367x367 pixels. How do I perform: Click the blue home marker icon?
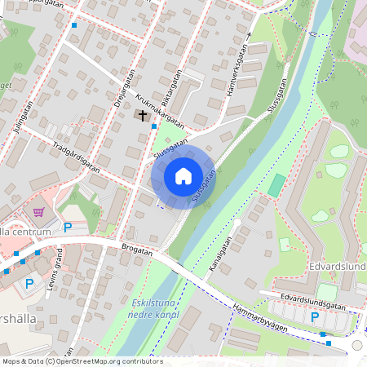[183, 176]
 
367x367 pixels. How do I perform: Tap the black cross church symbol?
[143, 116]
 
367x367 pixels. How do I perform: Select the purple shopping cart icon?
[38, 212]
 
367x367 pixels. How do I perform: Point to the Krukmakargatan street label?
[159, 110]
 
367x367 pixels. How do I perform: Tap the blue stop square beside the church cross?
[154, 126]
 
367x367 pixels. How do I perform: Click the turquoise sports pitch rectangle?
[277, 185]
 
